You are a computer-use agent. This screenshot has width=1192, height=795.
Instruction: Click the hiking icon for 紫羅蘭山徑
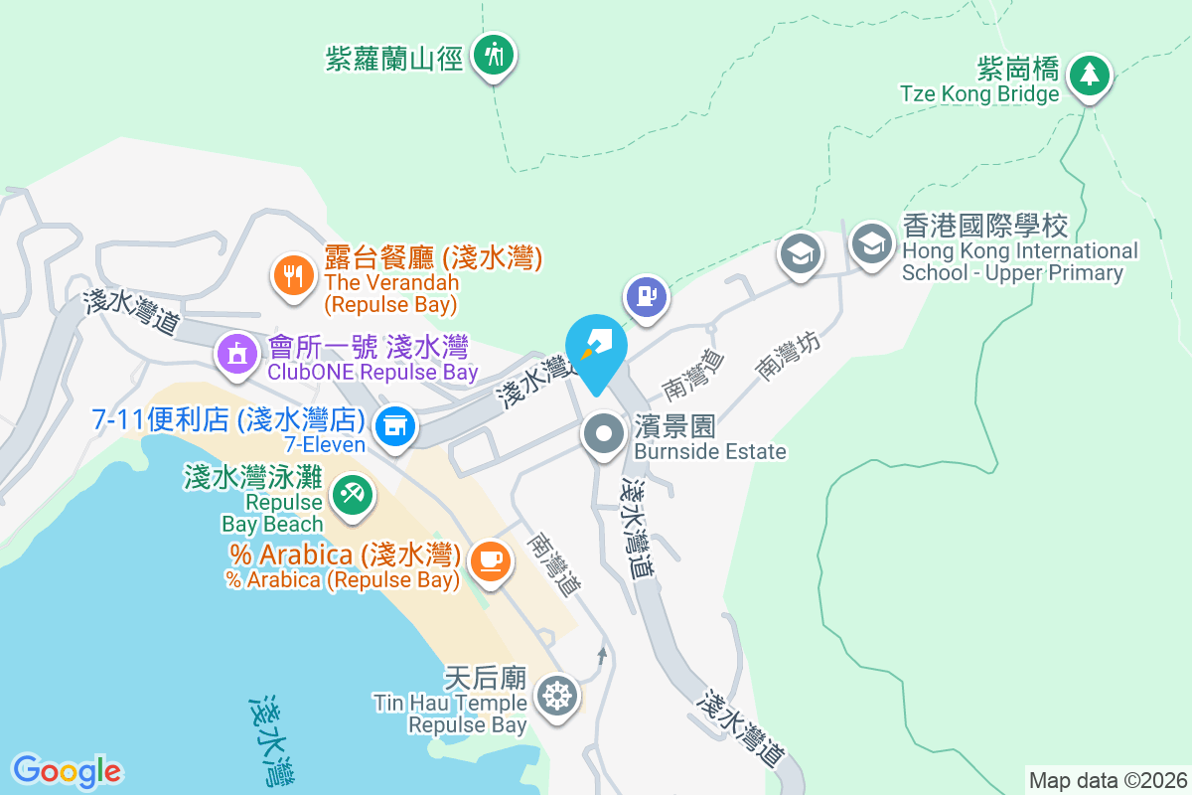coord(493,53)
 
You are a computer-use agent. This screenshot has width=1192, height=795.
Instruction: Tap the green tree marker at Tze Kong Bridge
coord(1090,74)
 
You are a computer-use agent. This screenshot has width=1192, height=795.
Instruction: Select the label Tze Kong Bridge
coord(979,94)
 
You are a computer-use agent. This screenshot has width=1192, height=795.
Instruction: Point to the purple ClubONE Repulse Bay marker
coord(237,353)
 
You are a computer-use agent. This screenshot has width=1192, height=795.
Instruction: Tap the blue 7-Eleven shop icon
coord(395,425)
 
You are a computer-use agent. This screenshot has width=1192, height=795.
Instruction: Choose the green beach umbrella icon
coord(351,493)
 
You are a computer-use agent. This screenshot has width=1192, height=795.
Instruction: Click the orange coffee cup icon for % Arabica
coord(489,559)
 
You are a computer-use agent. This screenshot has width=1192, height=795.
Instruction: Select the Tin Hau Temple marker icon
coord(556,695)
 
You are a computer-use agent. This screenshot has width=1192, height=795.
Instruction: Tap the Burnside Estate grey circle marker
coord(603,433)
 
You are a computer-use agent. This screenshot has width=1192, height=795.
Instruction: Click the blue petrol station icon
coord(646,295)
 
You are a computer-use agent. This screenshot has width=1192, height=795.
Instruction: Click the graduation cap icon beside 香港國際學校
coord(871,242)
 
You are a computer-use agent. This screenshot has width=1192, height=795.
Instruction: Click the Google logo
coord(67,771)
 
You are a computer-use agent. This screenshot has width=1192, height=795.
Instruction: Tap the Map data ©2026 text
coord(1108,780)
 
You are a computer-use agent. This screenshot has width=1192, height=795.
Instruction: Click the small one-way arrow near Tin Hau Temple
coord(601,655)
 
